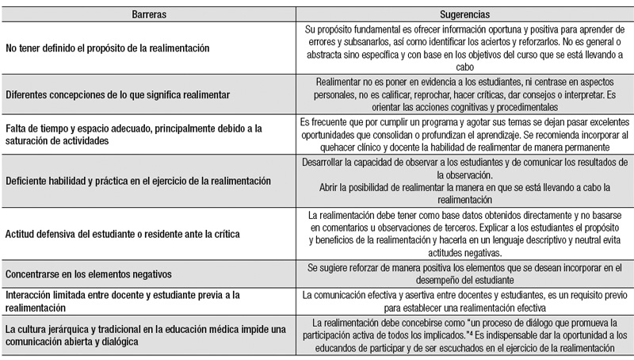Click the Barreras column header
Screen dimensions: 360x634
click(147, 13)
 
